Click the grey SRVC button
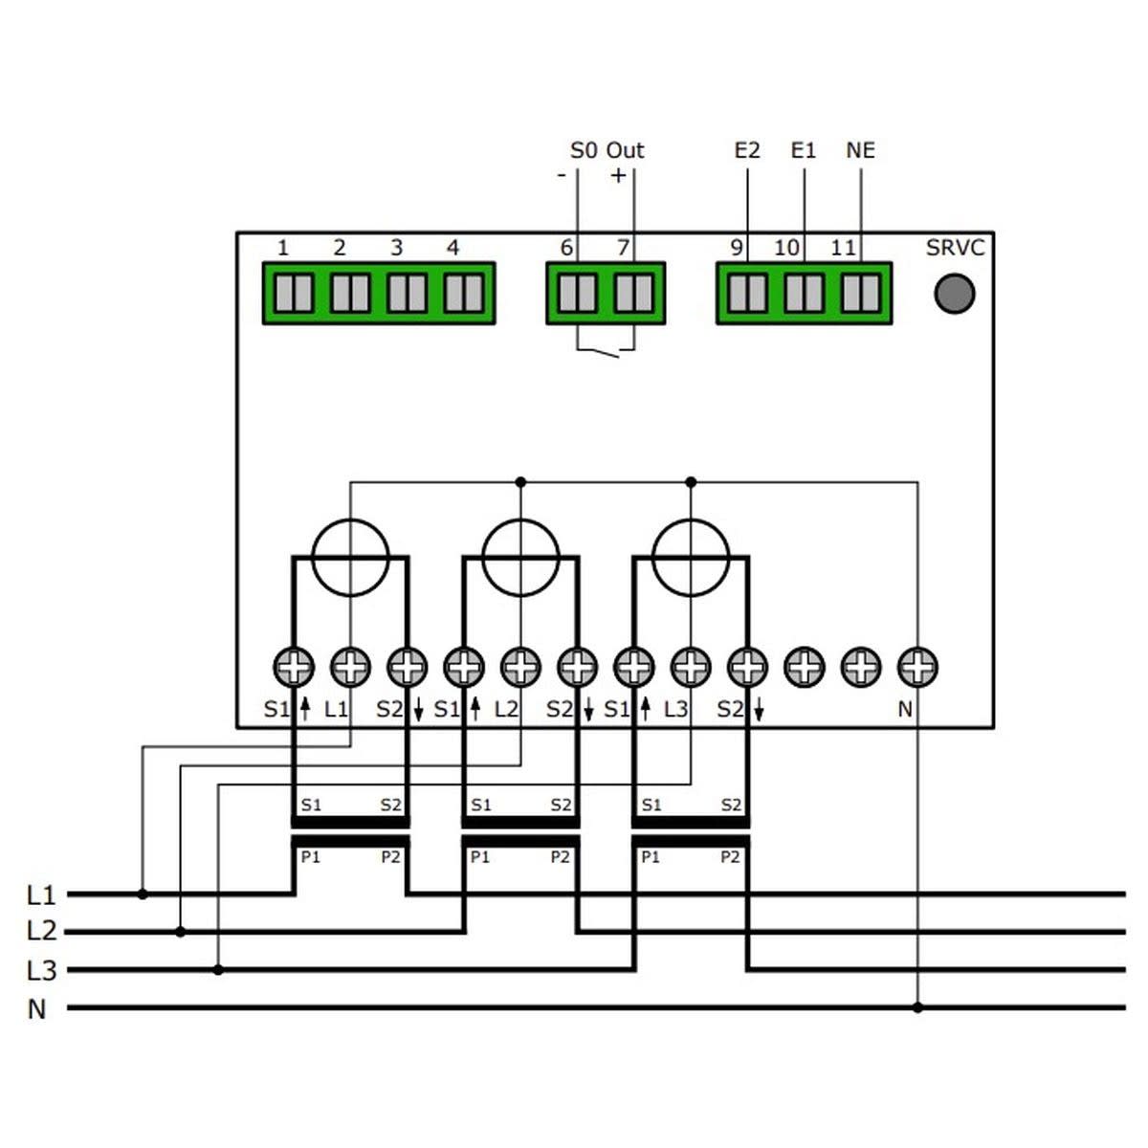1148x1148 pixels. tap(954, 293)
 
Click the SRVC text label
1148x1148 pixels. tap(954, 248)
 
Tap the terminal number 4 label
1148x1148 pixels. tap(453, 248)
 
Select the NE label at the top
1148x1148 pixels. tap(860, 150)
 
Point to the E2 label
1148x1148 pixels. tap(746, 150)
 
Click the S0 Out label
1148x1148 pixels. tap(607, 150)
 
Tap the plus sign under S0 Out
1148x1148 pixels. tap(618, 175)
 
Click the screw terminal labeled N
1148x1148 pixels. tap(917, 667)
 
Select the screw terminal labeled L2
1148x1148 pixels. tap(520, 667)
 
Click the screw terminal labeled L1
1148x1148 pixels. tap(350, 667)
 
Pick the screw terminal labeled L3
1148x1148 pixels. tap(691, 667)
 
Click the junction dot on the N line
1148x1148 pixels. tap(917, 1007)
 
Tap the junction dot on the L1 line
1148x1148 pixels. tap(143, 894)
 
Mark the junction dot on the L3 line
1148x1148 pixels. tap(218, 970)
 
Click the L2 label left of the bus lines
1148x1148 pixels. tap(41, 931)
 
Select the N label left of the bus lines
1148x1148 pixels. tap(36, 1009)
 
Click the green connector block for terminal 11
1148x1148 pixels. tap(861, 293)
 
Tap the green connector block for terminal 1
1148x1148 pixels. tap(294, 293)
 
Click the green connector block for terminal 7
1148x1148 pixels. tap(632, 293)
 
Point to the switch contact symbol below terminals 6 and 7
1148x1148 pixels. tap(605, 354)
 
